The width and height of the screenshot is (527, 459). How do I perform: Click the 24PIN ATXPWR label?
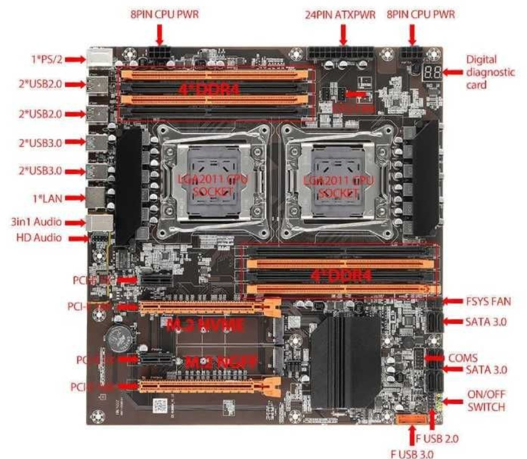pyautogui.click(x=341, y=15)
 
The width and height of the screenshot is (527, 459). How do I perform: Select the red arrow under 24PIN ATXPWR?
pyautogui.click(x=343, y=34)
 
